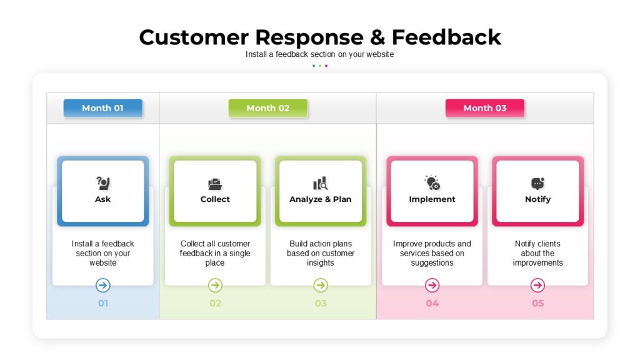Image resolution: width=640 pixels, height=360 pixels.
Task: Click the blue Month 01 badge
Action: click(x=103, y=108)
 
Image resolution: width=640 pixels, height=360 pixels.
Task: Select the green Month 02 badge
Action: click(x=267, y=108)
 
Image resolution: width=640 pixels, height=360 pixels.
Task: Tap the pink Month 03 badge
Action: click(x=485, y=108)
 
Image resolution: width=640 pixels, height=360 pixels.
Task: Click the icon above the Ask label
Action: click(x=103, y=183)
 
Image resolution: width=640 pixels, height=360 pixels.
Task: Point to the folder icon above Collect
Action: click(x=215, y=184)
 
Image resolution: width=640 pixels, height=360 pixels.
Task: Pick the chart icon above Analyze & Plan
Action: click(x=321, y=183)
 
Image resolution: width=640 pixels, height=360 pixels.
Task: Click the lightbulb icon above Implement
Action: click(x=432, y=183)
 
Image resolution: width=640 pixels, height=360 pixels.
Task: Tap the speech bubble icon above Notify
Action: click(x=537, y=184)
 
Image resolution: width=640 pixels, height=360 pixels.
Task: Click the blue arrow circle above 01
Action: click(x=103, y=285)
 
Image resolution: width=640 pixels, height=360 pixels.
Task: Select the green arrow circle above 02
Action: click(x=215, y=285)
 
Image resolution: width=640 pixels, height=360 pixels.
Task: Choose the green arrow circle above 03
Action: click(x=321, y=285)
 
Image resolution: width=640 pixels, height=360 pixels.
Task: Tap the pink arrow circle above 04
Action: click(x=432, y=285)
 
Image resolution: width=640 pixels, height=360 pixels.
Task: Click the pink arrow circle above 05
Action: click(x=537, y=285)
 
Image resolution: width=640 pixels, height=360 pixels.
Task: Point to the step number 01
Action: click(x=103, y=303)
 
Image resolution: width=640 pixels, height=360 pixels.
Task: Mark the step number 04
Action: click(x=432, y=303)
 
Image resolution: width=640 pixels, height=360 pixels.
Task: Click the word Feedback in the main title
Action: click(x=446, y=37)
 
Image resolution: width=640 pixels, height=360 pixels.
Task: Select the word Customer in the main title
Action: click(x=194, y=37)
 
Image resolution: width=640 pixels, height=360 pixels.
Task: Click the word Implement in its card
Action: click(x=432, y=199)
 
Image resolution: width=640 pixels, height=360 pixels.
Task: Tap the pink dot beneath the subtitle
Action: click(x=326, y=66)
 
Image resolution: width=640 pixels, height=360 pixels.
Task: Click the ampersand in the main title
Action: click(x=377, y=37)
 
